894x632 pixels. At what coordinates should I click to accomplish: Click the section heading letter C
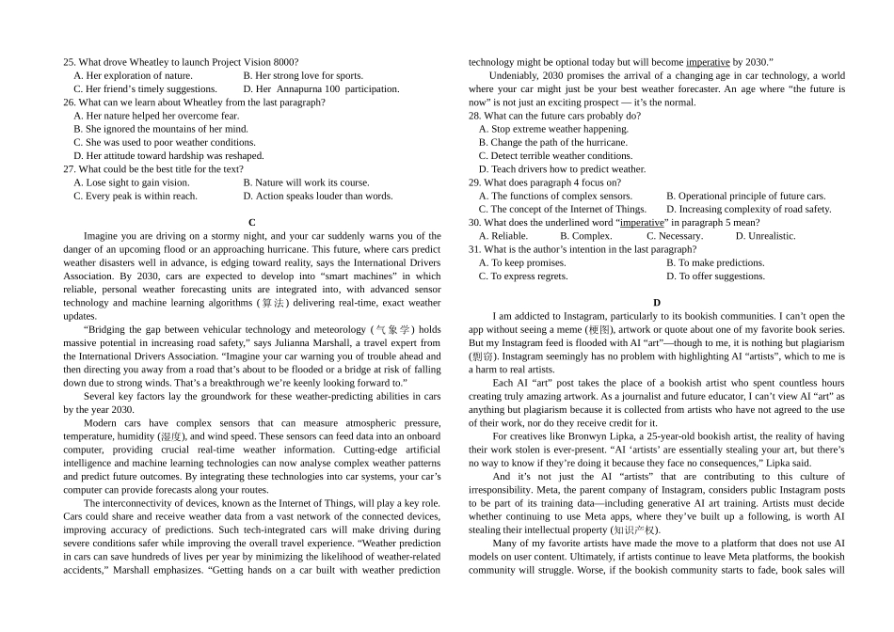tap(252, 223)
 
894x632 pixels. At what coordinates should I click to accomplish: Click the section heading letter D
tap(657, 303)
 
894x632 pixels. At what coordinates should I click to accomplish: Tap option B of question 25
tap(302, 75)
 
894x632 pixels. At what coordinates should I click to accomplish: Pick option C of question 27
tap(135, 197)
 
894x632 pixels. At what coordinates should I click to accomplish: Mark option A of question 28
tap(553, 129)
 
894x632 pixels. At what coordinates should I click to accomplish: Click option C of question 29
tap(562, 209)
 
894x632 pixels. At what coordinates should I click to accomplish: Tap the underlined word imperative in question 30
tap(642, 223)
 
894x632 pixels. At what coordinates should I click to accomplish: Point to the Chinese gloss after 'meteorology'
tap(392, 330)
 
